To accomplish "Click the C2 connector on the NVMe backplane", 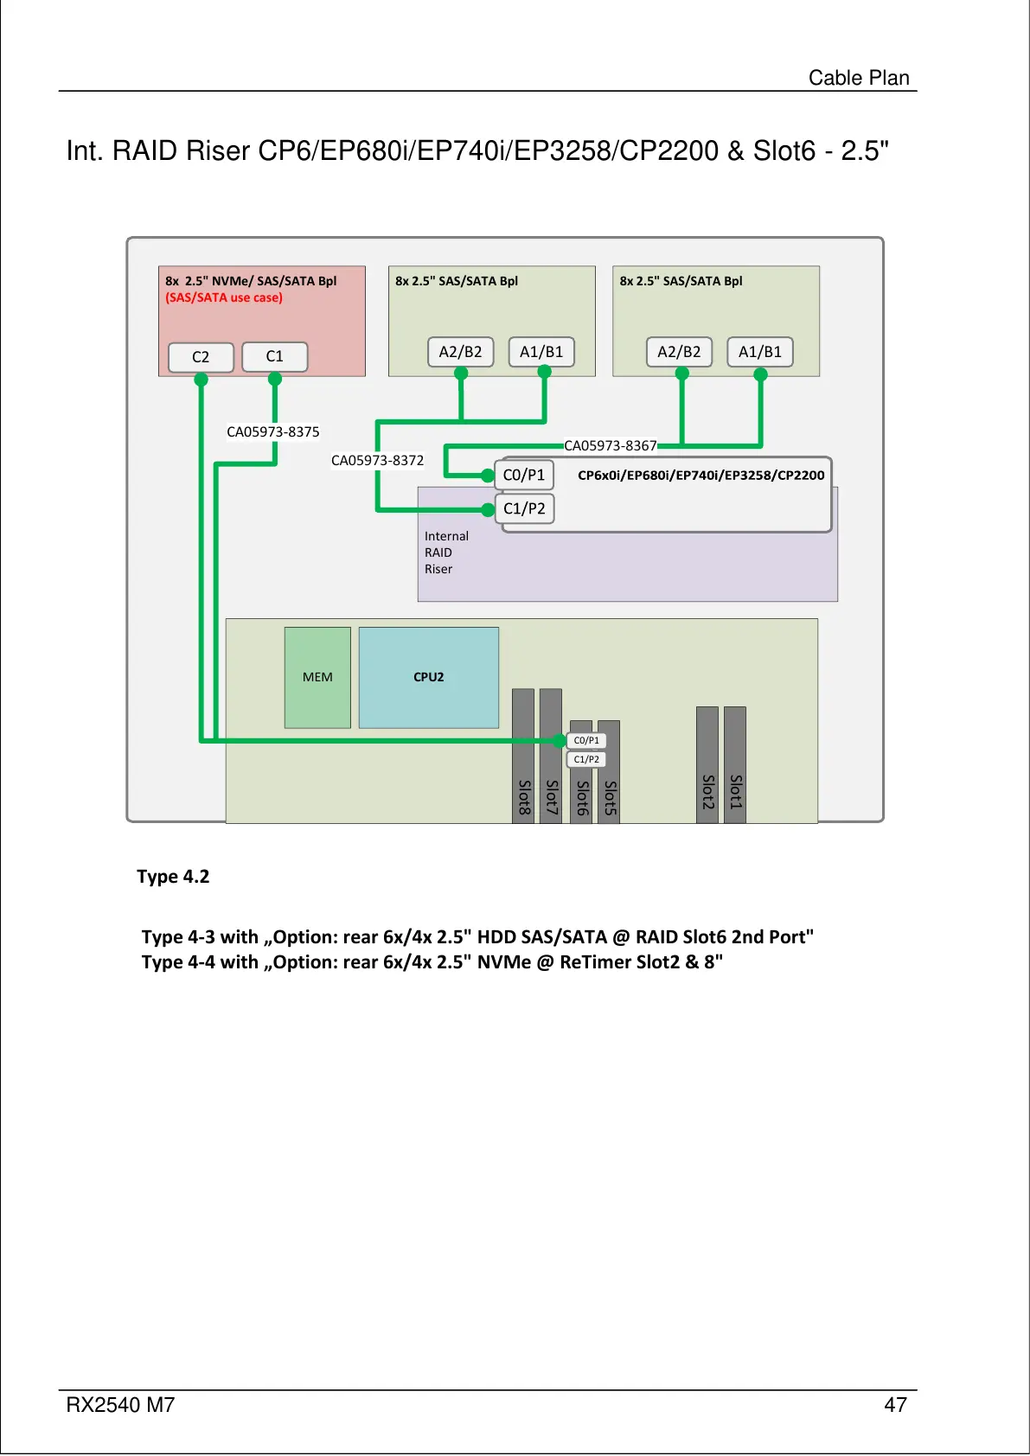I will (x=201, y=357).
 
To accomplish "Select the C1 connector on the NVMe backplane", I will (x=275, y=356).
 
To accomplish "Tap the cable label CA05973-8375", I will (x=273, y=431).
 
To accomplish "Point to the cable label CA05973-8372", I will (x=377, y=460).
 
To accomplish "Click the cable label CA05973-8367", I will (x=611, y=445).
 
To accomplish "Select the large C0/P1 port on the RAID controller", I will (x=524, y=475).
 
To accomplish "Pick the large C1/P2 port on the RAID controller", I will (x=524, y=508).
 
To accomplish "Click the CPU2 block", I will (x=428, y=677).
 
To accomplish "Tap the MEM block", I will (x=317, y=677).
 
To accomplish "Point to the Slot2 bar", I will (x=707, y=765).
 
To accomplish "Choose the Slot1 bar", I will (x=735, y=765).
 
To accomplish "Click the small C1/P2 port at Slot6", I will (x=586, y=759).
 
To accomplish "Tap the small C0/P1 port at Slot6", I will (x=586, y=740).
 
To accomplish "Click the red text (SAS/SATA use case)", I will (x=224, y=297).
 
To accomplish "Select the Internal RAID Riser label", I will (x=446, y=552).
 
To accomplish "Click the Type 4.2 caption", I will (x=173, y=876).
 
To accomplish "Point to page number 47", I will (x=895, y=1405).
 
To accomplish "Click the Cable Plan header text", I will (x=859, y=78).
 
